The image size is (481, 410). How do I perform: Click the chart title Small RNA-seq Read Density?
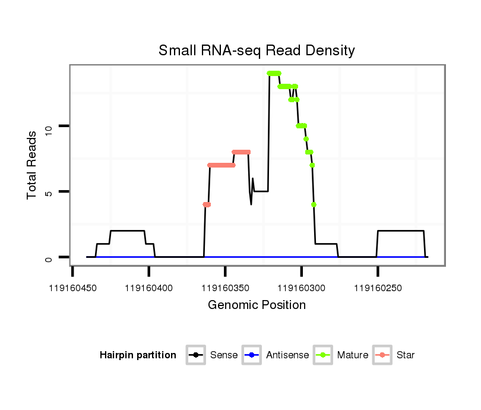tap(257, 51)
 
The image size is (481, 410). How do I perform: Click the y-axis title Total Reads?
tap(33, 165)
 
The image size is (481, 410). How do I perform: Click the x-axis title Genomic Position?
tap(257, 305)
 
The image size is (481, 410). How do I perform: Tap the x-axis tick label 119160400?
tap(149, 288)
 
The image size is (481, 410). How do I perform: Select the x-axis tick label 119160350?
tap(225, 288)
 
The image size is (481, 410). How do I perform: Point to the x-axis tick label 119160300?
tap(302, 288)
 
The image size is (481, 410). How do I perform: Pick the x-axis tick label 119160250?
tap(378, 288)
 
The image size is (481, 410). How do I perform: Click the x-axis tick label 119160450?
tap(72, 288)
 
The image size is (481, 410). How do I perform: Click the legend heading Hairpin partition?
tap(138, 355)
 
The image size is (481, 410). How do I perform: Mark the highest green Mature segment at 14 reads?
tap(274, 73)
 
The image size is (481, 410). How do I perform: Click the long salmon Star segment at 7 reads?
tap(221, 165)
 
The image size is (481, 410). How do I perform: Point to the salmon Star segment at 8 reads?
tap(241, 152)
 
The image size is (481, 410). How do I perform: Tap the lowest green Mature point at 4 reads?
tap(314, 204)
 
